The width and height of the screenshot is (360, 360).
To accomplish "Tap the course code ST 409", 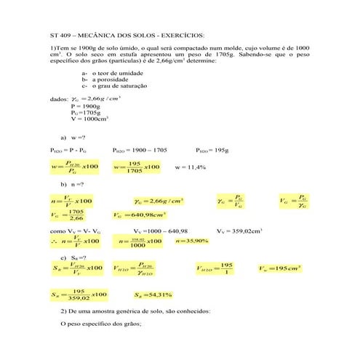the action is pyautogui.click(x=62, y=34).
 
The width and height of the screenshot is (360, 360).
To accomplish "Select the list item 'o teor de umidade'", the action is pyautogui.click(x=116, y=73).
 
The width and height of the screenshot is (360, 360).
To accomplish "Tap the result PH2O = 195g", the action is pyautogui.click(x=211, y=150).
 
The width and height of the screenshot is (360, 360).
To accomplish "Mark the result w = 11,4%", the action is pyautogui.click(x=191, y=167).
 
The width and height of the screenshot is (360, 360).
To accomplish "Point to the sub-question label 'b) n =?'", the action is pyautogui.click(x=73, y=185).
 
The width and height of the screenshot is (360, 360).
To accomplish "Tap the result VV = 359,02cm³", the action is pyautogui.click(x=239, y=231).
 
